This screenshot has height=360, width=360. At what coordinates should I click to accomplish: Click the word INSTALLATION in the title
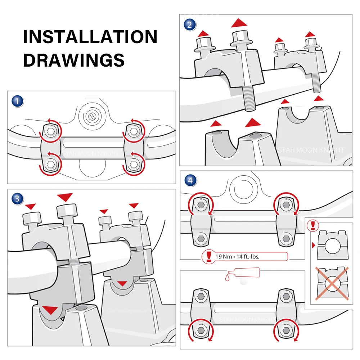click(x=90, y=37)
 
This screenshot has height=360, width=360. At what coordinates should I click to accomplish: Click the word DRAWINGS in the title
click(x=74, y=59)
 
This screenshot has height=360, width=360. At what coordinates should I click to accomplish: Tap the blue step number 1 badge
click(x=17, y=101)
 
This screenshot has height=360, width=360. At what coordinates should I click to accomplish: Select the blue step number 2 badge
click(x=190, y=25)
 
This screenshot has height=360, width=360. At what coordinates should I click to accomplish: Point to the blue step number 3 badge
click(x=17, y=198)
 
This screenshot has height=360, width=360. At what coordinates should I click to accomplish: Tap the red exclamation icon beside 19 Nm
click(x=209, y=256)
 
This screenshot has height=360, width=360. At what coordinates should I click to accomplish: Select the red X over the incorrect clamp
click(x=332, y=283)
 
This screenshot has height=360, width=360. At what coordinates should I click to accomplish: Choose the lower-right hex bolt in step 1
click(x=134, y=164)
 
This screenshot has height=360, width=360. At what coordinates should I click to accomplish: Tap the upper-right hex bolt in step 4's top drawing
click(x=286, y=205)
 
